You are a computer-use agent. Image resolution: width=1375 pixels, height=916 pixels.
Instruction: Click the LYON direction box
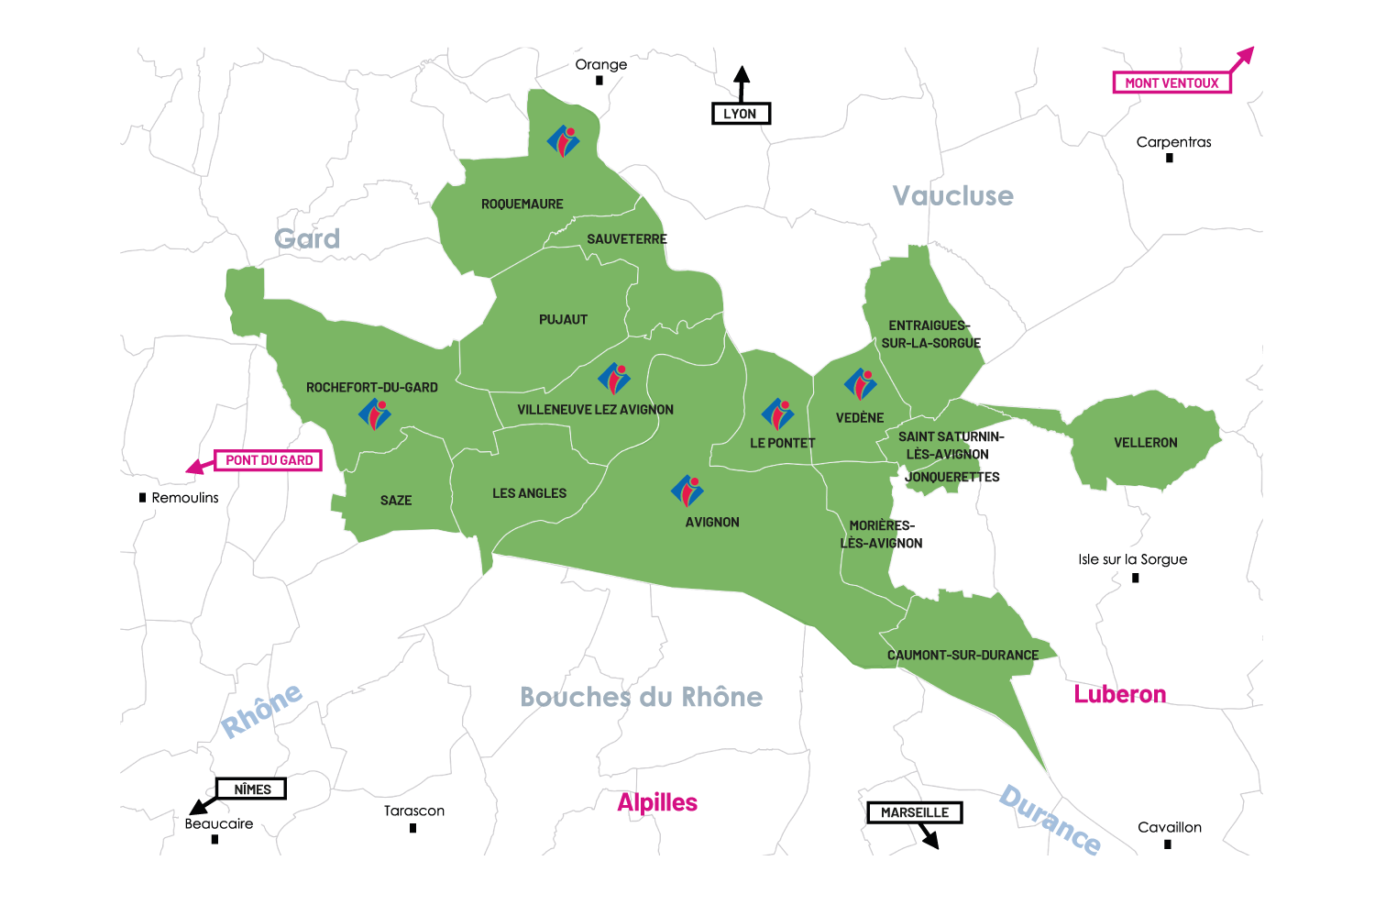click(x=741, y=114)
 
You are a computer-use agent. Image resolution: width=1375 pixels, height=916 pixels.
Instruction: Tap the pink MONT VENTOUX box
click(x=1171, y=83)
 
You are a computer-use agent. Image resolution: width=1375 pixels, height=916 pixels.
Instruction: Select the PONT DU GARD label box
click(x=269, y=460)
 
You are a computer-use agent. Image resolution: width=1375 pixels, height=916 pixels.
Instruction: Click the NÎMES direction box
click(x=252, y=789)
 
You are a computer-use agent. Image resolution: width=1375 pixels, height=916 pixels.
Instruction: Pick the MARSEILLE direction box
click(x=914, y=812)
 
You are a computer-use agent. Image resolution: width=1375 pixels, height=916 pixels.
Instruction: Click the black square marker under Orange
click(x=599, y=81)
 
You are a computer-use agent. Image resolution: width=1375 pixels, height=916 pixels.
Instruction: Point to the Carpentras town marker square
click(x=1169, y=158)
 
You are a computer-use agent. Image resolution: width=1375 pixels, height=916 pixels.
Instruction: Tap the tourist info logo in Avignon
click(x=687, y=491)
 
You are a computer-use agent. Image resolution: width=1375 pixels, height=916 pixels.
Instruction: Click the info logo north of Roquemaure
click(x=564, y=141)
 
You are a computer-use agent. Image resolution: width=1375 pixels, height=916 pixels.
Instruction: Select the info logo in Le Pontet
click(x=778, y=414)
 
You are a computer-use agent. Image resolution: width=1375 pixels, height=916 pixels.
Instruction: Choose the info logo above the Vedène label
click(x=861, y=384)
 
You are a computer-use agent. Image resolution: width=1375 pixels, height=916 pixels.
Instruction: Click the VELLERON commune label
click(x=1145, y=443)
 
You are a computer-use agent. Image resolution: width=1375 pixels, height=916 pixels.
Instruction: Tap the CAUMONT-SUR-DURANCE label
click(x=962, y=656)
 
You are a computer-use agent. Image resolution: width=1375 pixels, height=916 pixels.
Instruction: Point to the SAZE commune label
click(x=396, y=501)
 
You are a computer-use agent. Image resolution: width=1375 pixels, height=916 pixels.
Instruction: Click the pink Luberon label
click(x=1119, y=694)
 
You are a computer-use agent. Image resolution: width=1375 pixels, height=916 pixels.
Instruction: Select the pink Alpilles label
click(x=657, y=802)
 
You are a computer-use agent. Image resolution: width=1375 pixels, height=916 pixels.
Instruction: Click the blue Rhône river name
click(x=262, y=710)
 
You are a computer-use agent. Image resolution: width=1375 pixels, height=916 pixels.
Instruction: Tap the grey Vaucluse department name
click(x=952, y=195)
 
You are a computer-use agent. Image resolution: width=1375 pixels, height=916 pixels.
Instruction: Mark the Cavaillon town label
click(x=1169, y=827)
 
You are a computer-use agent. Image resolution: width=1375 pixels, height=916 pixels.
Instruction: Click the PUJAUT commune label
click(x=563, y=320)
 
